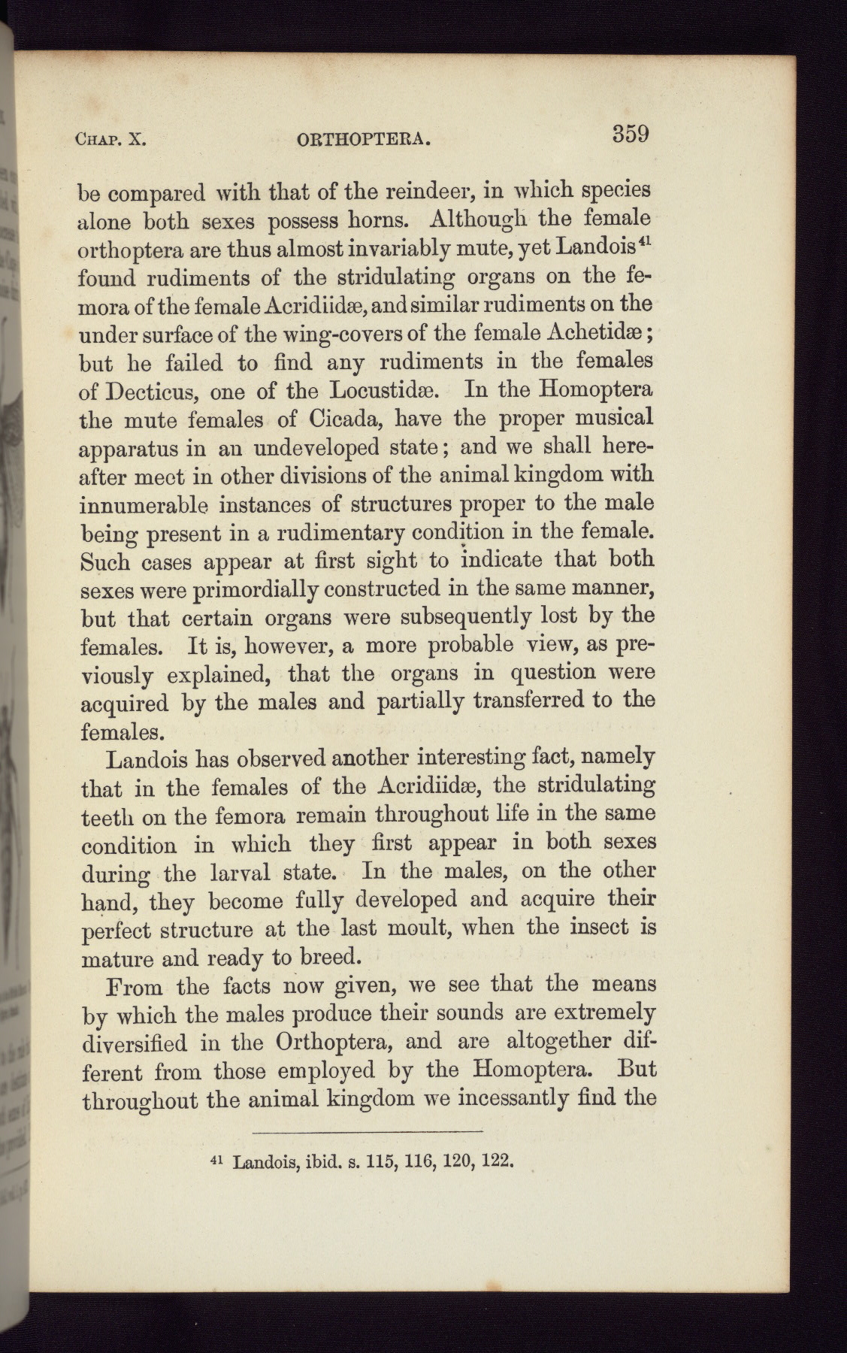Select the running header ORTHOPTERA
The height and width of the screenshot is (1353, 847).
364,140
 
